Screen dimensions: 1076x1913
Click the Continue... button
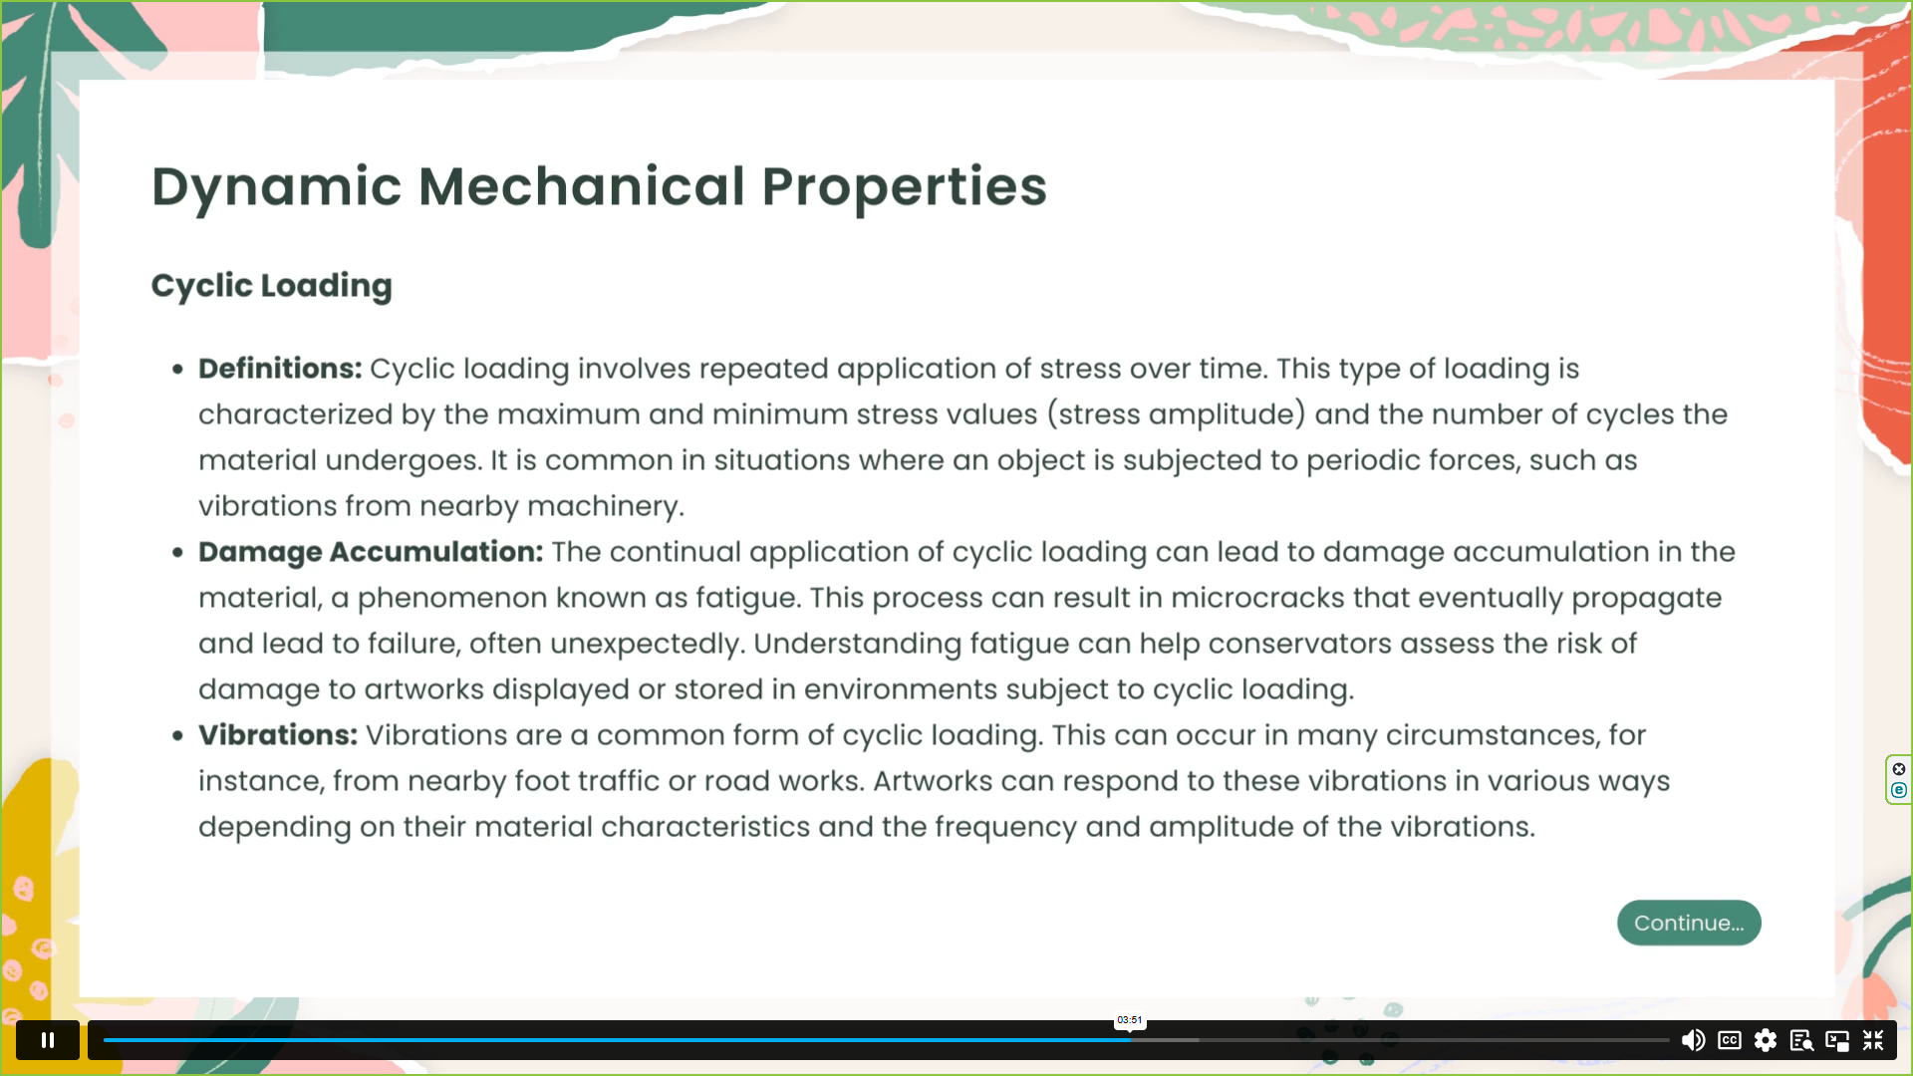coord(1688,923)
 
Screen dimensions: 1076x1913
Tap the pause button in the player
coord(48,1040)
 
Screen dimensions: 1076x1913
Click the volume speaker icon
coord(1693,1040)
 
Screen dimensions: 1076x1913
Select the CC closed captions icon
coord(1730,1040)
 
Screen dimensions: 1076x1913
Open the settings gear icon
coord(1766,1040)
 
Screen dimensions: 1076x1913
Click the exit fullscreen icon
coord(1873,1040)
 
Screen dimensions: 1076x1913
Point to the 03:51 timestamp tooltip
coord(1130,1020)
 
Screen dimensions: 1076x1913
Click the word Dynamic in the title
coord(276,187)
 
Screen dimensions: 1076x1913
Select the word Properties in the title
coord(904,187)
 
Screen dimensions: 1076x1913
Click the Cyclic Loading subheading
coord(271,286)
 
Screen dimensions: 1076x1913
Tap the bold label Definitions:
coord(280,369)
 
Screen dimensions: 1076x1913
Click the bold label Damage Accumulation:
coord(371,552)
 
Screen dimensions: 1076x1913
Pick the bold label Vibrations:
coord(277,735)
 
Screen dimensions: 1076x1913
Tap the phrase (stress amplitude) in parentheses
coord(1176,414)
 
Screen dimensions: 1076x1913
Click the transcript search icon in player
coord(1801,1040)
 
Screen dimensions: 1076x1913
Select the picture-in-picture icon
coord(1837,1040)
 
